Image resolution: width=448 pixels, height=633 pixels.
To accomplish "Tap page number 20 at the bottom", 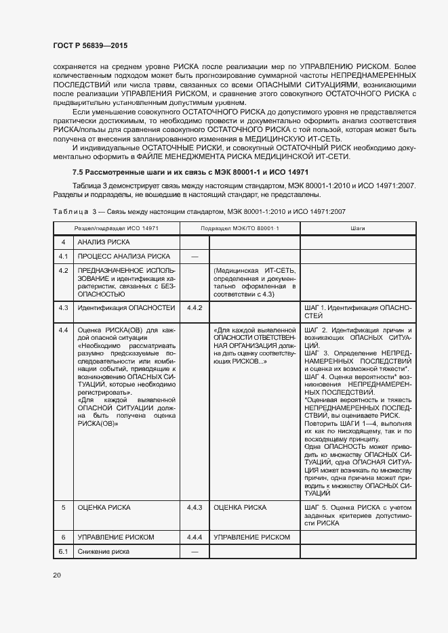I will (x=56, y=575).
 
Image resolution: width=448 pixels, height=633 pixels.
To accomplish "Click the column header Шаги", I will (x=358, y=229).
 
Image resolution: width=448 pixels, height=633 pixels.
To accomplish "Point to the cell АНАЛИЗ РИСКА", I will (x=103, y=242).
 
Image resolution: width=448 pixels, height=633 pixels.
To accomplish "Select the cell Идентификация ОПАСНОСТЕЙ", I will (x=126, y=308).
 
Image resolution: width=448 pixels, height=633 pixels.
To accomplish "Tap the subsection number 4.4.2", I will (x=195, y=308).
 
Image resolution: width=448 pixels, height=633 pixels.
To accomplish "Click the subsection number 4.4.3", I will (x=195, y=507).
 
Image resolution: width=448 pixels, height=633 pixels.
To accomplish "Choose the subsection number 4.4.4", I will (x=195, y=537).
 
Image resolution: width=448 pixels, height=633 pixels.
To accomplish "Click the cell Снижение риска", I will (x=103, y=552).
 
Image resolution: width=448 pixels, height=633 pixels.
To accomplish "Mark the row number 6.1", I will (x=64, y=552).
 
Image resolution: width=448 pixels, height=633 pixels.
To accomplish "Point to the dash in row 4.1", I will (x=195, y=257).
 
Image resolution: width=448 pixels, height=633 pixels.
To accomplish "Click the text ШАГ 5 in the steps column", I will (x=316, y=507).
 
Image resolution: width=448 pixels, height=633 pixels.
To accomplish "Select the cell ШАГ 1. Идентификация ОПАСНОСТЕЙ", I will (x=358, y=311).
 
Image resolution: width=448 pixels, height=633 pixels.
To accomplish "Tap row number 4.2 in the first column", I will (x=64, y=270).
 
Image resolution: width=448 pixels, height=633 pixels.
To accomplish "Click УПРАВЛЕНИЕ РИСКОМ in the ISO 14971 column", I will (x=116, y=537).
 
